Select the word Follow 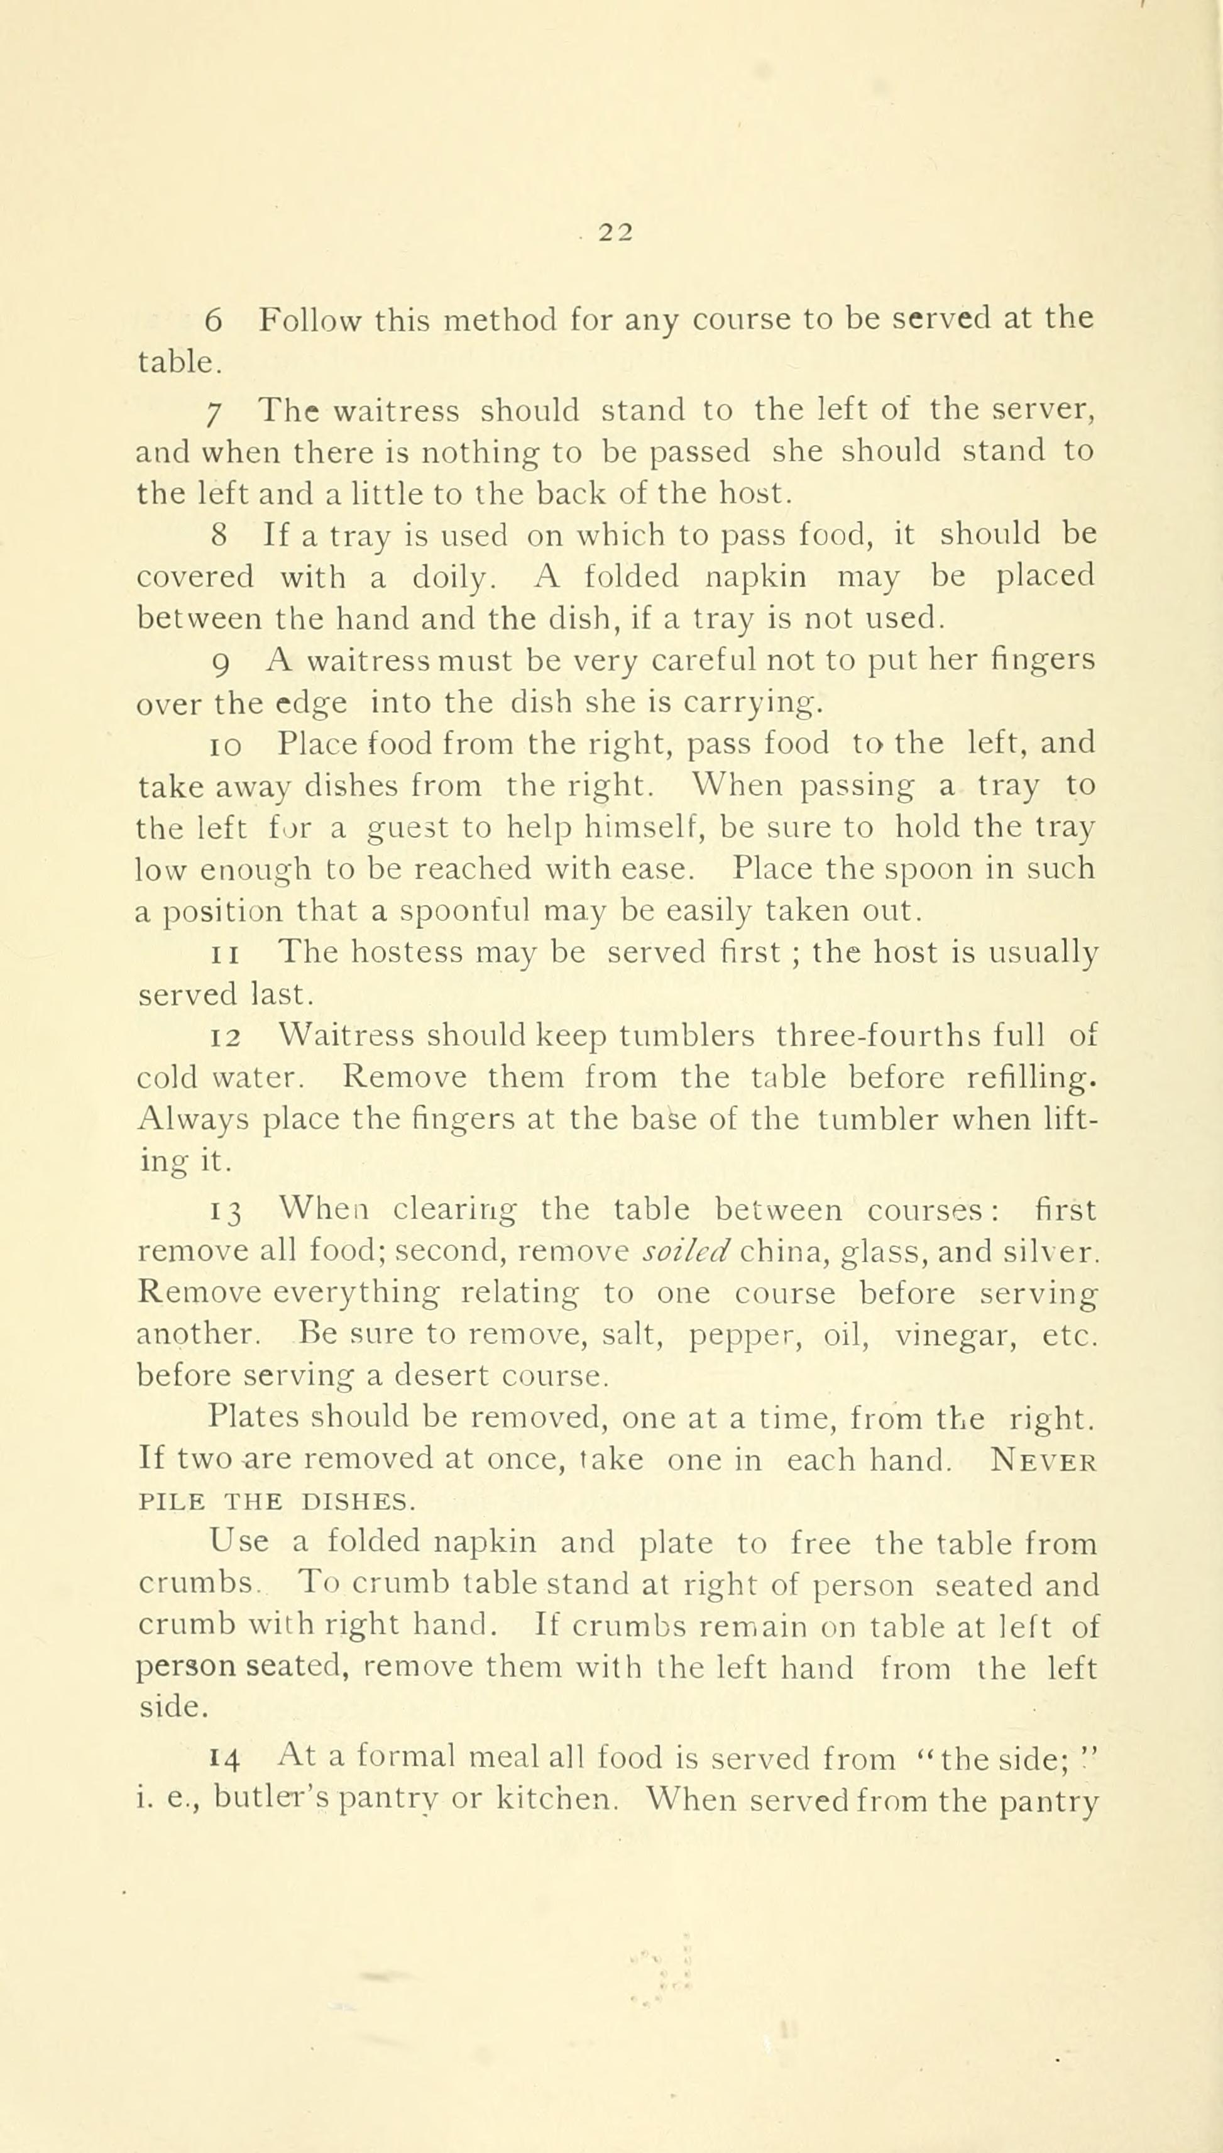click(x=311, y=320)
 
